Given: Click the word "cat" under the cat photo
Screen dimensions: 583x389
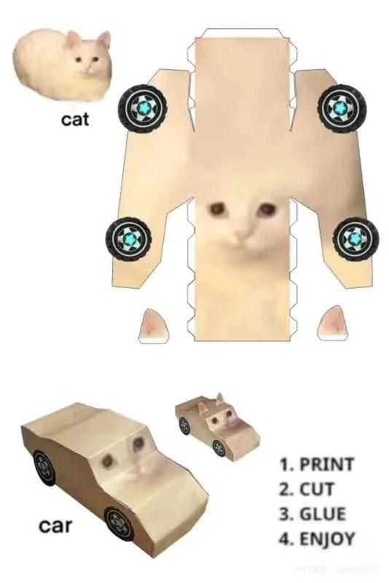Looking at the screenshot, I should pos(75,119).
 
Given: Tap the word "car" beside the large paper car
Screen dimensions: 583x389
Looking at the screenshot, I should pos(56,525).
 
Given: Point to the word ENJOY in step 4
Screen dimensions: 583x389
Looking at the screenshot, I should pos(327,539).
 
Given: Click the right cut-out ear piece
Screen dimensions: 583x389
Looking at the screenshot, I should pos(334,323).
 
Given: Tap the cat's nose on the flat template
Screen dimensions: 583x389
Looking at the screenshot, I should pos(240,237).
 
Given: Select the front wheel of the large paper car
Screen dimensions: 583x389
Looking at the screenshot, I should pos(119,523).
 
